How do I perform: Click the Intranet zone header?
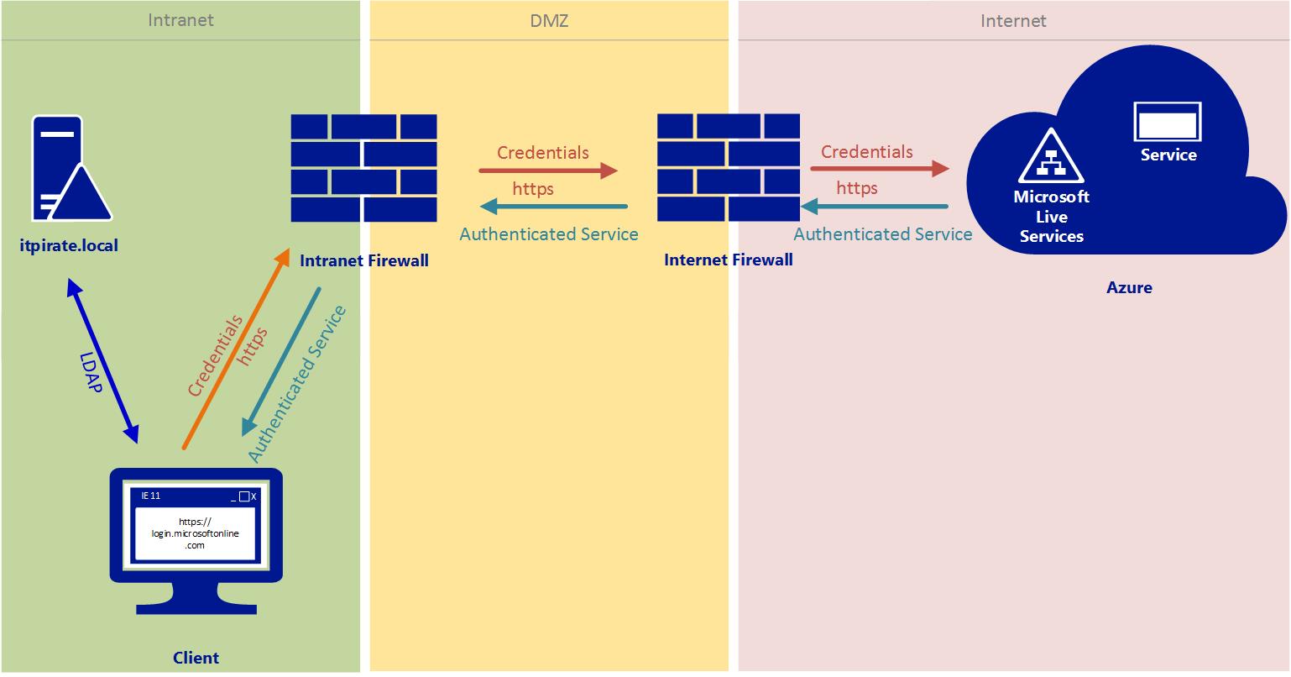tap(180, 20)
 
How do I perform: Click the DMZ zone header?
tap(549, 20)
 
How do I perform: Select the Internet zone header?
tap(1013, 20)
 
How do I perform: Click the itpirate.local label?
tap(69, 246)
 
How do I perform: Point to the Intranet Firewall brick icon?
tap(363, 168)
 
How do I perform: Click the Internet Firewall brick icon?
tap(728, 168)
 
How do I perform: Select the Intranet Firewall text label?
tap(363, 260)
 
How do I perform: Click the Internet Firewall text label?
tap(728, 260)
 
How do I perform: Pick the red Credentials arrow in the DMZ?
tap(547, 171)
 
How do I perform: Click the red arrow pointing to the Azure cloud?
tap(879, 169)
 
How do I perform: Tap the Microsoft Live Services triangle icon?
tap(1051, 157)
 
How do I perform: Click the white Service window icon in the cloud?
tap(1168, 123)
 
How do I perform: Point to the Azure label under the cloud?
tap(1129, 287)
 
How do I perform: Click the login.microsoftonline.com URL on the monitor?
tap(195, 533)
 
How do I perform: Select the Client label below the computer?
tap(196, 658)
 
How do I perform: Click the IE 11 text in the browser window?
tap(151, 496)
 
